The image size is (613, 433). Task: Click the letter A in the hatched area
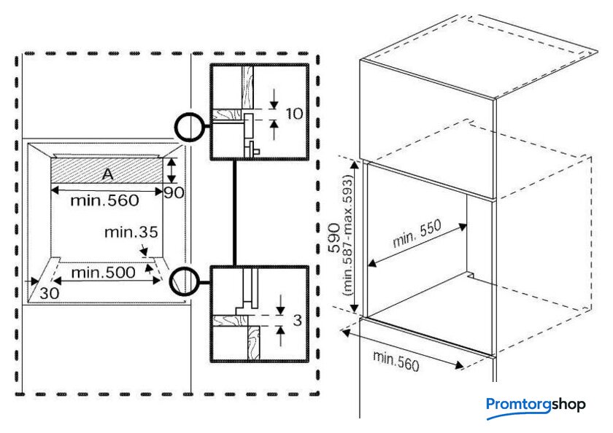[107, 173]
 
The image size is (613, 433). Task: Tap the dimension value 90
[172, 192]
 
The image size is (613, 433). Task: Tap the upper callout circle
[188, 127]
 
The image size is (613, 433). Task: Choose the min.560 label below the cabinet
[396, 360]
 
